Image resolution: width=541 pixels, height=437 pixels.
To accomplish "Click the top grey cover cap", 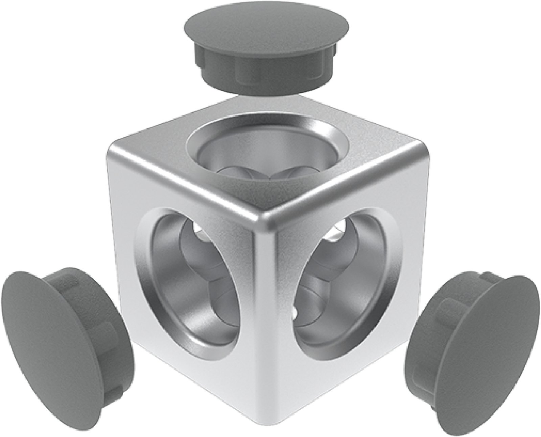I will click(x=267, y=51).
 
